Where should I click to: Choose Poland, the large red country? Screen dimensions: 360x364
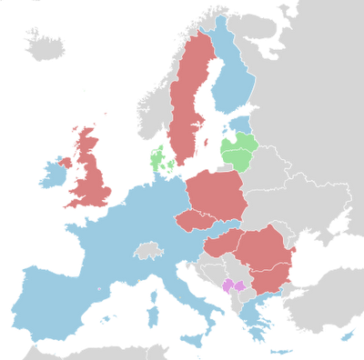[216, 195]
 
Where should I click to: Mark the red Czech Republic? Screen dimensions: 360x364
[193, 221]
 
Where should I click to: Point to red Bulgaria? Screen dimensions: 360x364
[268, 277]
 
